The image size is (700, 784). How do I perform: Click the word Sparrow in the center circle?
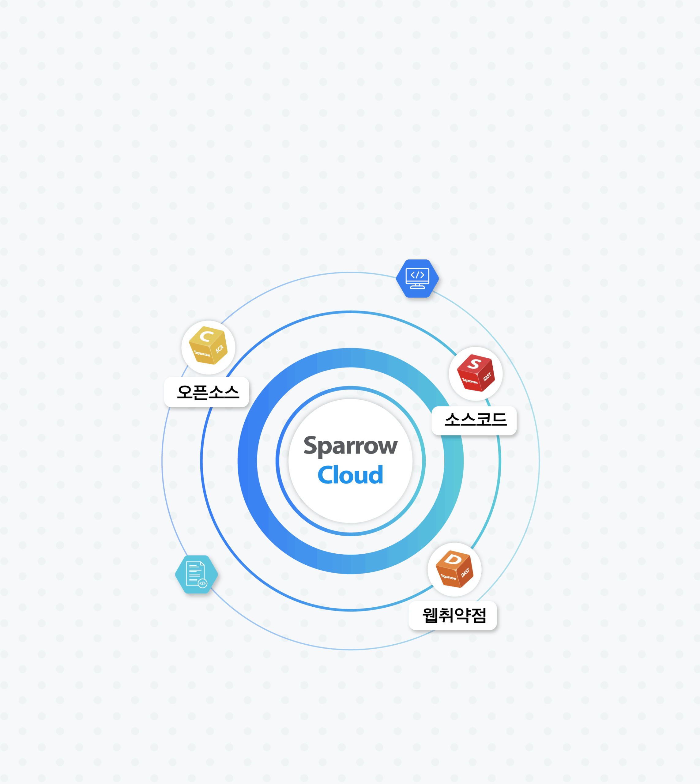tap(350, 446)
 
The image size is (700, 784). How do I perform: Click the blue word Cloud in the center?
tap(350, 475)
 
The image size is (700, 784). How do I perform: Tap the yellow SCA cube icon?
tap(208, 345)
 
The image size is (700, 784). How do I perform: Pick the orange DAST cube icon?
tap(454, 569)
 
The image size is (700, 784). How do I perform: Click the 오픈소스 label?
tap(208, 392)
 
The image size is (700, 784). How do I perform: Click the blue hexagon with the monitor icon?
tap(417, 278)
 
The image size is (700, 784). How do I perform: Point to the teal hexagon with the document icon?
tap(197, 574)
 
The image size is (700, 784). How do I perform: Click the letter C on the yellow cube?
tap(206, 336)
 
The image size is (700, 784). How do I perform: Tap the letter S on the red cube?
tap(474, 363)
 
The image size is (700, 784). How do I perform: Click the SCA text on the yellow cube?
tap(219, 349)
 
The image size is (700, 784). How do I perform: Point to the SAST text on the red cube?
tap(487, 377)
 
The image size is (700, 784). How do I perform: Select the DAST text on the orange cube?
tap(465, 573)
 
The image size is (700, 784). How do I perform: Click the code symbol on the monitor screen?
tap(417, 275)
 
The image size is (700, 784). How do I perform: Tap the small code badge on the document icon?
tap(202, 583)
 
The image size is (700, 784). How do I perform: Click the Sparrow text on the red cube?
tap(470, 381)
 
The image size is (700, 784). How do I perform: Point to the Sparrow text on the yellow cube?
tap(202, 353)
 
